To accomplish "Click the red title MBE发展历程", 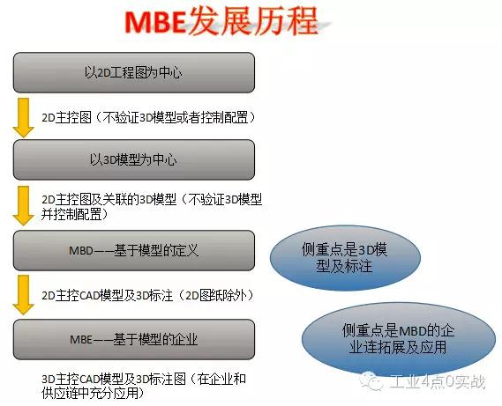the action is [221, 22].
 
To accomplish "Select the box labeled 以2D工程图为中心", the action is [134, 73].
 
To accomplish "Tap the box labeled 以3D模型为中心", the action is [134, 159].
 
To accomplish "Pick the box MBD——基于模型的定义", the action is [134, 250].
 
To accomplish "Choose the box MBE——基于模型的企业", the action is [134, 339].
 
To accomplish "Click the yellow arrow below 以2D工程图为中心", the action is [23, 118].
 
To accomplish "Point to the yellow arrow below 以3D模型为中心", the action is [23, 206].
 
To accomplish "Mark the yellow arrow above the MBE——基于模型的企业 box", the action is [23, 295].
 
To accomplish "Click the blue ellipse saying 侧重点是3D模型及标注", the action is [345, 258].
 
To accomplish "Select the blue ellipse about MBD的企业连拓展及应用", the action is [398, 339].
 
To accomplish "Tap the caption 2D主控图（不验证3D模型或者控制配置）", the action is [149, 118].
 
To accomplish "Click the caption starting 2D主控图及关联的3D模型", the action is [152, 206].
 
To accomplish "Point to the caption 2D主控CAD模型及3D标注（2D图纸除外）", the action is [148, 295].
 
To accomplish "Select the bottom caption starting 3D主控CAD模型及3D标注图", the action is [144, 386].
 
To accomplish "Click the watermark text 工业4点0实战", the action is [438, 381].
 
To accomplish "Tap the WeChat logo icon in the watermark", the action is [371, 380].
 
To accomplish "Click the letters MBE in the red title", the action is [155, 23].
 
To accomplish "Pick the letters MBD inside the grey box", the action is [81, 251].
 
